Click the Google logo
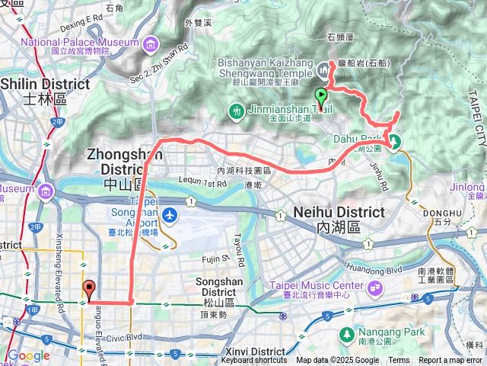coord(28,355)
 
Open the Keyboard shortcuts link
coord(254,361)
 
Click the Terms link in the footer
coord(399,361)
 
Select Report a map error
coord(450,361)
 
